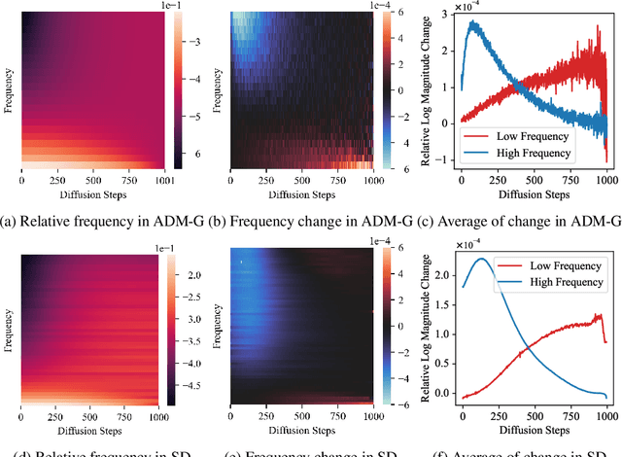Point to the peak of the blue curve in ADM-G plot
pos(476,21)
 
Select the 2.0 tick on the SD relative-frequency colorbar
pos(192,276)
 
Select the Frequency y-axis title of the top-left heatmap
pos(9,88)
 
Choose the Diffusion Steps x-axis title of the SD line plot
pos(533,429)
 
